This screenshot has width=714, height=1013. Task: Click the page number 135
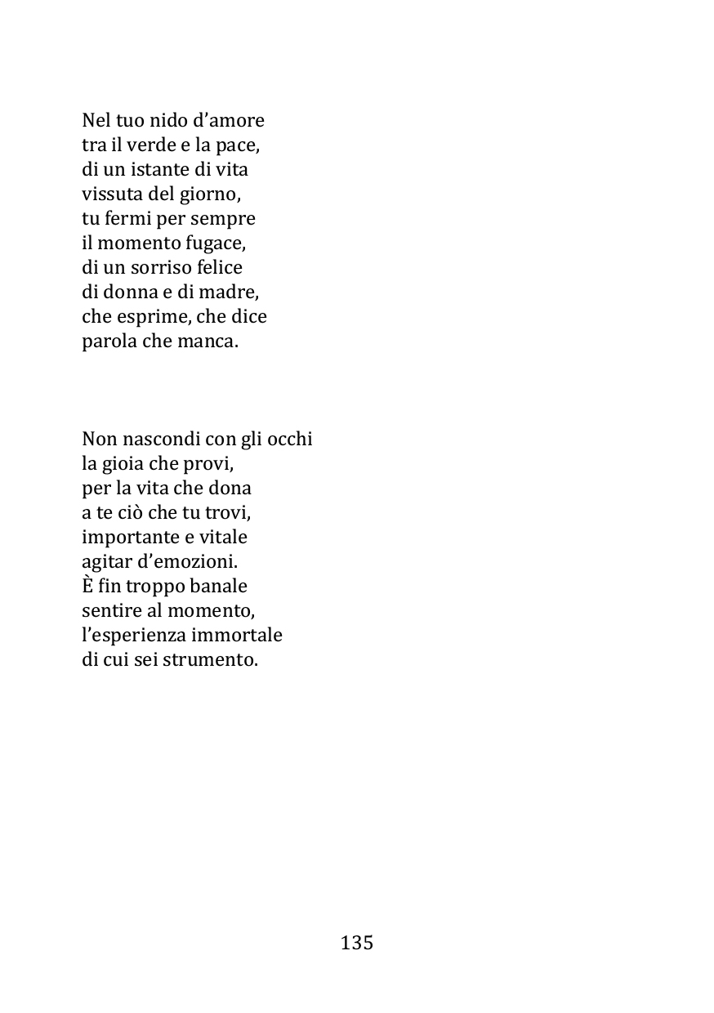point(357,943)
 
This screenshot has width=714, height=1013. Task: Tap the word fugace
point(216,243)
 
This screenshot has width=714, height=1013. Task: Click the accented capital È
point(88,586)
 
